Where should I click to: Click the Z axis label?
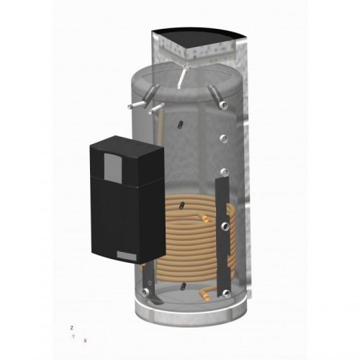(x=71, y=328)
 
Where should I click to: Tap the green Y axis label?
(x=73, y=336)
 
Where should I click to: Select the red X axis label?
(x=85, y=341)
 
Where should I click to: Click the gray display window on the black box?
(x=113, y=168)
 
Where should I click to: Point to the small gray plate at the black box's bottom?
(x=127, y=256)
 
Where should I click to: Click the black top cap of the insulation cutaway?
(x=199, y=37)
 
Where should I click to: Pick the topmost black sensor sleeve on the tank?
(x=181, y=125)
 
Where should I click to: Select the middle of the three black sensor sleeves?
(x=182, y=206)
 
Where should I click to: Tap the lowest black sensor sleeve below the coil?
(x=184, y=286)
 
